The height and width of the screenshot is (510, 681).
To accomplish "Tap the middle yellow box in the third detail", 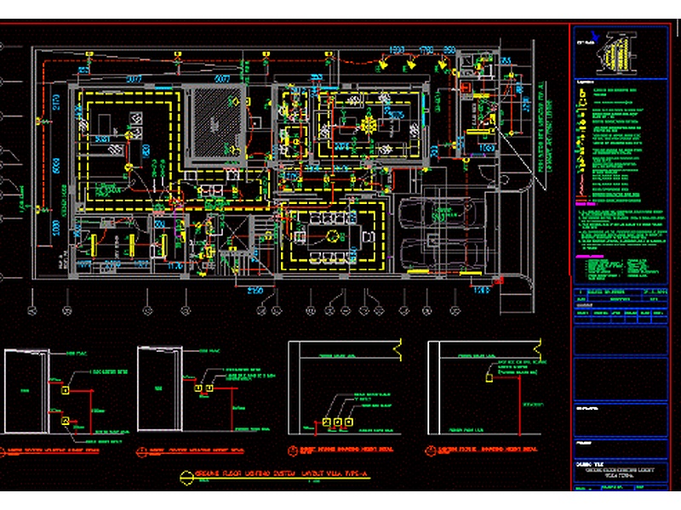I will point(336,422).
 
